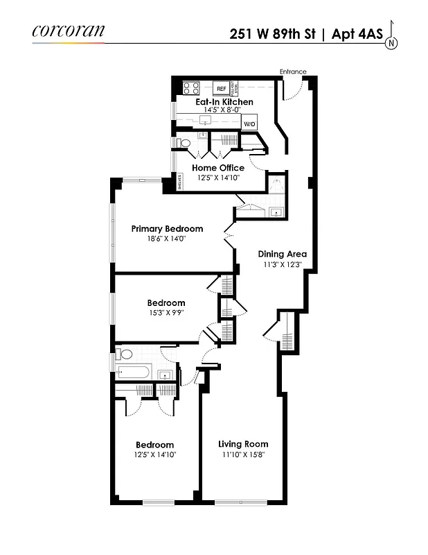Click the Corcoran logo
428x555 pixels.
68,31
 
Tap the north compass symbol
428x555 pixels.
392,42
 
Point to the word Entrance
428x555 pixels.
293,71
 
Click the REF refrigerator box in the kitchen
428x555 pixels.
221,89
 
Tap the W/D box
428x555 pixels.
249,123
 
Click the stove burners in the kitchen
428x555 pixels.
190,88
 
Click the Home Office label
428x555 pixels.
218,168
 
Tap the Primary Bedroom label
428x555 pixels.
167,229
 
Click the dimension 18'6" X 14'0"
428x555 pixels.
166,239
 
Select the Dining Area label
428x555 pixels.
283,254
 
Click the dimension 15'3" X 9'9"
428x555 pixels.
166,312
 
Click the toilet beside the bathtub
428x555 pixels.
125,354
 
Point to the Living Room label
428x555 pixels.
243,444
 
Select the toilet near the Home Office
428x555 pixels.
184,143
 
